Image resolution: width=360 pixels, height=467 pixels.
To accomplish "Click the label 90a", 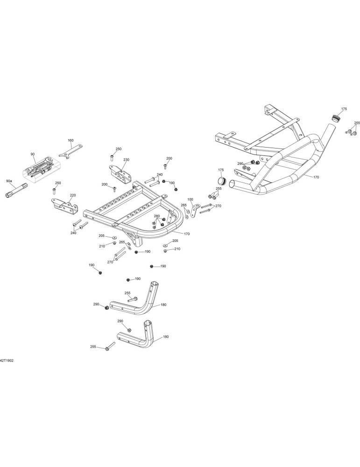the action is click(x=9, y=181).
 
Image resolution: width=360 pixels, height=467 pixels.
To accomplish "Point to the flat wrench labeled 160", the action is click(x=71, y=151).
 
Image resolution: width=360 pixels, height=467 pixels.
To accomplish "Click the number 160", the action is click(x=71, y=140).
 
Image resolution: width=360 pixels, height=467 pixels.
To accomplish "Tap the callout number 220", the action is click(x=73, y=195).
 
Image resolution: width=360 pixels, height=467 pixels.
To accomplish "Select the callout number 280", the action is click(x=157, y=216).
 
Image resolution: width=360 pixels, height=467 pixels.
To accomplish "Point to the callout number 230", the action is click(x=126, y=160).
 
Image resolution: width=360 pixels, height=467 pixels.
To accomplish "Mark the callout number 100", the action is click(x=191, y=199).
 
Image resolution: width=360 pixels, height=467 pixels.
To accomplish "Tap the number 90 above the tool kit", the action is click(x=33, y=154).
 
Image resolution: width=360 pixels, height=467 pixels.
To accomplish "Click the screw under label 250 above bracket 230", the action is click(x=112, y=156).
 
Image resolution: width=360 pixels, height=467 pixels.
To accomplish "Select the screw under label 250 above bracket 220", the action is click(x=54, y=190).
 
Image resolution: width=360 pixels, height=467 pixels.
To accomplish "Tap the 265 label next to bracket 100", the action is click(x=184, y=205).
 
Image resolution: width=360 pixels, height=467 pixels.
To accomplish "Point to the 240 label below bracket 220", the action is click(x=74, y=233).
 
